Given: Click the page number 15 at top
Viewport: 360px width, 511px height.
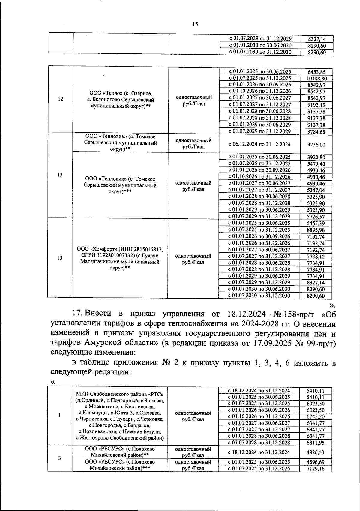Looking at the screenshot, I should [x=195, y=24].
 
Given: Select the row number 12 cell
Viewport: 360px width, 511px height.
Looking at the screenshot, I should [x=61, y=99].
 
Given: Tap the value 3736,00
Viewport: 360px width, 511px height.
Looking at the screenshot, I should [x=316, y=145].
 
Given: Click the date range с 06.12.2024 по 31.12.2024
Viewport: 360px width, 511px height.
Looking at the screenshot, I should [x=259, y=144].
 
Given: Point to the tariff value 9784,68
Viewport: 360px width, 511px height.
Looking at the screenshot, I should [x=316, y=131].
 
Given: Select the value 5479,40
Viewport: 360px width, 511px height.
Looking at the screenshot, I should [x=316, y=164].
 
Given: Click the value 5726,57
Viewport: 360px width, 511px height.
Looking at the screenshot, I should [x=316, y=217].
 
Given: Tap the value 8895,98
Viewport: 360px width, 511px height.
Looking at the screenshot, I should [x=316, y=230].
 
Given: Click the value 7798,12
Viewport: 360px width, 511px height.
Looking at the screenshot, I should [x=316, y=257].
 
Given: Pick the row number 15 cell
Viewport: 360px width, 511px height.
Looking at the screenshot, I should [x=60, y=258].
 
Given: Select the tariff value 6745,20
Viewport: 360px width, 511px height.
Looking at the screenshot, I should [x=316, y=416].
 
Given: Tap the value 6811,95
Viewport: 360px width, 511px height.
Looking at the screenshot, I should [x=316, y=443].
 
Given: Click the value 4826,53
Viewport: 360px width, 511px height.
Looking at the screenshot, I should [x=316, y=452].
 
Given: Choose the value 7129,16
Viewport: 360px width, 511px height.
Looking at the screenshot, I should [x=316, y=469].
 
